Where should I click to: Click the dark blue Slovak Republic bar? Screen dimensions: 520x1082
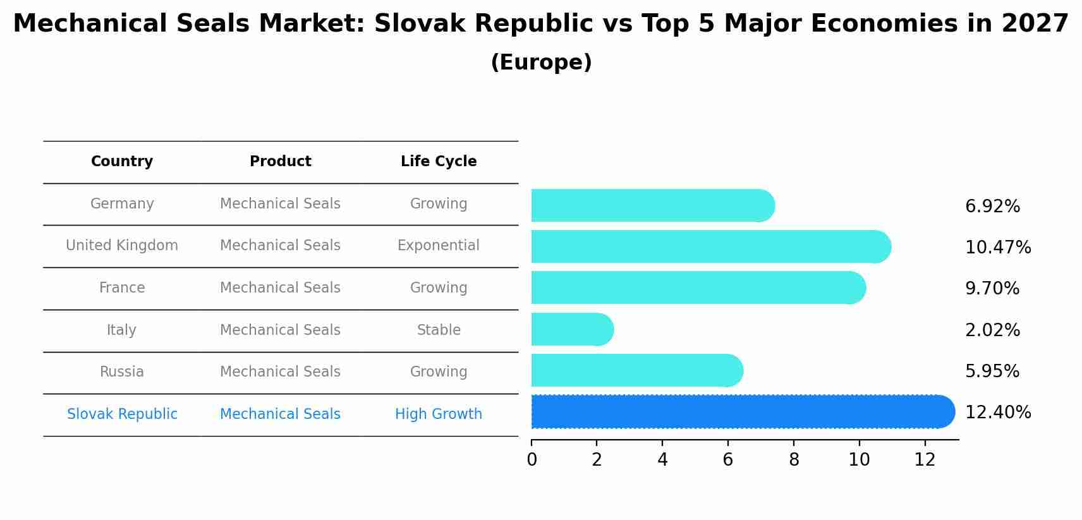(739, 412)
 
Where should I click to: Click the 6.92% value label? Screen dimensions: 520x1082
(992, 207)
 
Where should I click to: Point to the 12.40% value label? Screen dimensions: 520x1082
(998, 413)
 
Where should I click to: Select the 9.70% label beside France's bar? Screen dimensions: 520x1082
(992, 289)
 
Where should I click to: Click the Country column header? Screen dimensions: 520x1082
(122, 162)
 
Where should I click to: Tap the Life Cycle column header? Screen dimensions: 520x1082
(439, 162)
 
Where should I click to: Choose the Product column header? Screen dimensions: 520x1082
(281, 162)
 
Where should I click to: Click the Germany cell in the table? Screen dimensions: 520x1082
(122, 204)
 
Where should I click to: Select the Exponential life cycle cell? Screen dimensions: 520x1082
(439, 246)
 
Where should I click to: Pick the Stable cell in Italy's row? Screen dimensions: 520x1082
(439, 330)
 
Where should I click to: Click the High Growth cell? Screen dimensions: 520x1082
(439, 414)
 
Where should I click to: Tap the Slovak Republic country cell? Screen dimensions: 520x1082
(122, 414)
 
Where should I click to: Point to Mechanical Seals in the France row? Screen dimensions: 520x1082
(281, 288)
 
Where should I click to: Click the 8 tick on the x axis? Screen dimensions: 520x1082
(794, 460)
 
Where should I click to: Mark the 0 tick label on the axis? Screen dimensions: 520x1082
(532, 460)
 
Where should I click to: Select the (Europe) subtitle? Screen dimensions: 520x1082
(541, 63)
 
